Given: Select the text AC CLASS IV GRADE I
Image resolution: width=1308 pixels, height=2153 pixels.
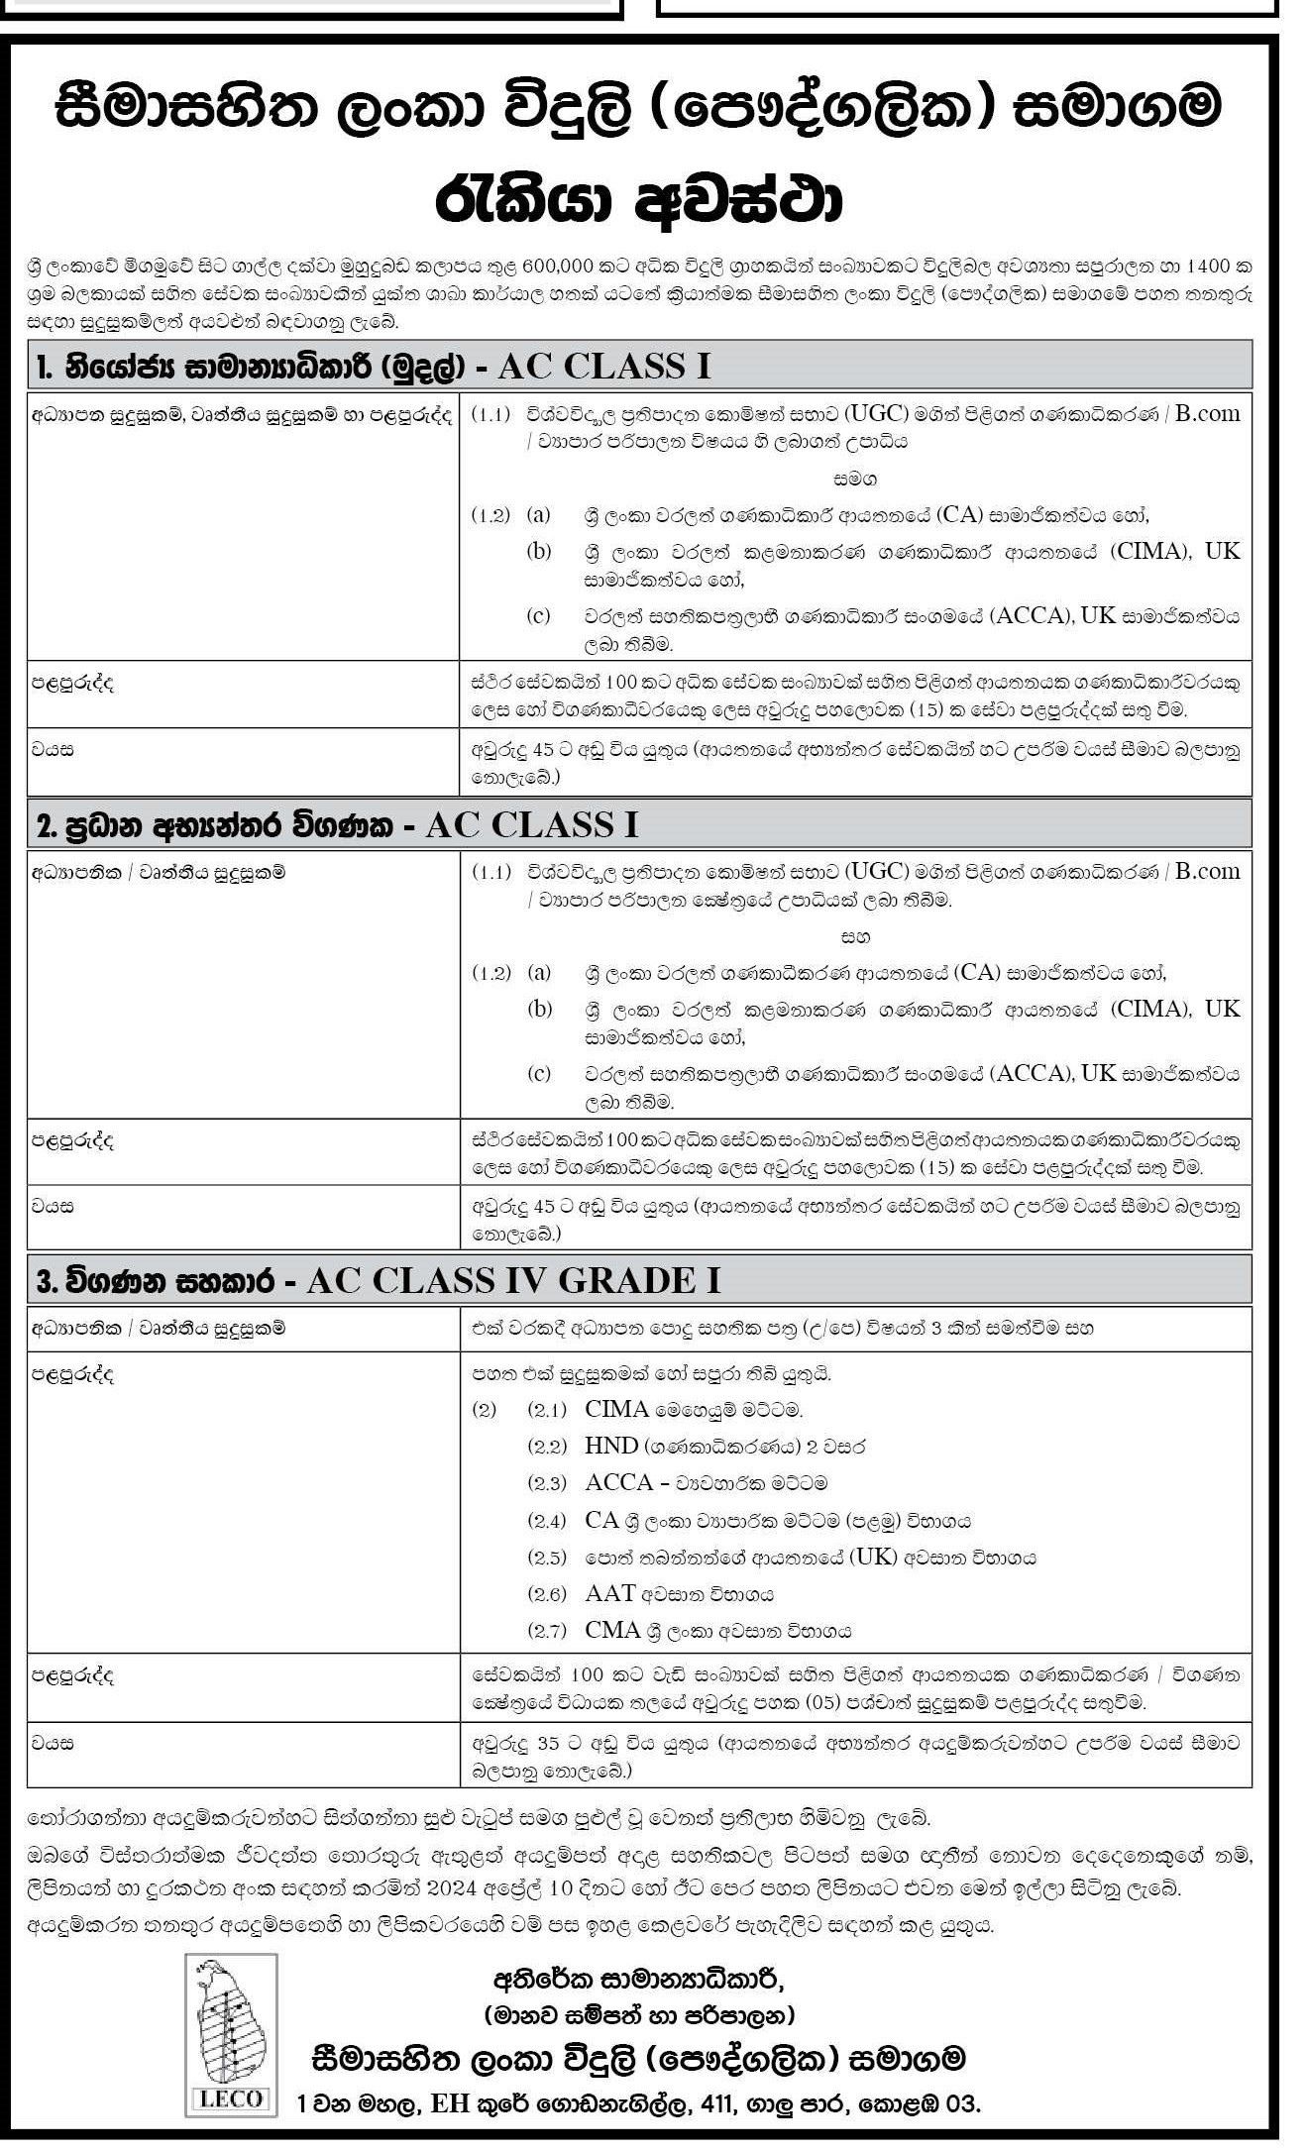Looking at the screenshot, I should coord(513,1281).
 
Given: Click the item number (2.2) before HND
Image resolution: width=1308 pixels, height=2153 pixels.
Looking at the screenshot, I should coord(547,1447).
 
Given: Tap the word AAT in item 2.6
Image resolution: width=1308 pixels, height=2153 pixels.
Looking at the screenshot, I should coord(609,1594).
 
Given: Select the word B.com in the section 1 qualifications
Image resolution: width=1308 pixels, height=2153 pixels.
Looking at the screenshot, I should coord(1207,414).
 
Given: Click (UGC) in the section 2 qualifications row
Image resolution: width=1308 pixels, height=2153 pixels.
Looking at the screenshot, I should coord(878,872).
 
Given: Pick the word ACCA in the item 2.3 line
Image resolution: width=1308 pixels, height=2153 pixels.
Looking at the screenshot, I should coord(618,1483).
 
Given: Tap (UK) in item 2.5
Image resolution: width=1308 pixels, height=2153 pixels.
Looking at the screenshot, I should coord(867,1558).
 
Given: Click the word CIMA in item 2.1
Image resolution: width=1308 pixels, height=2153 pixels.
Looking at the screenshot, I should coord(616,1409).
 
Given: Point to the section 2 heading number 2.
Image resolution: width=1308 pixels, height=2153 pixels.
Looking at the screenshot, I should coord(44,826).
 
